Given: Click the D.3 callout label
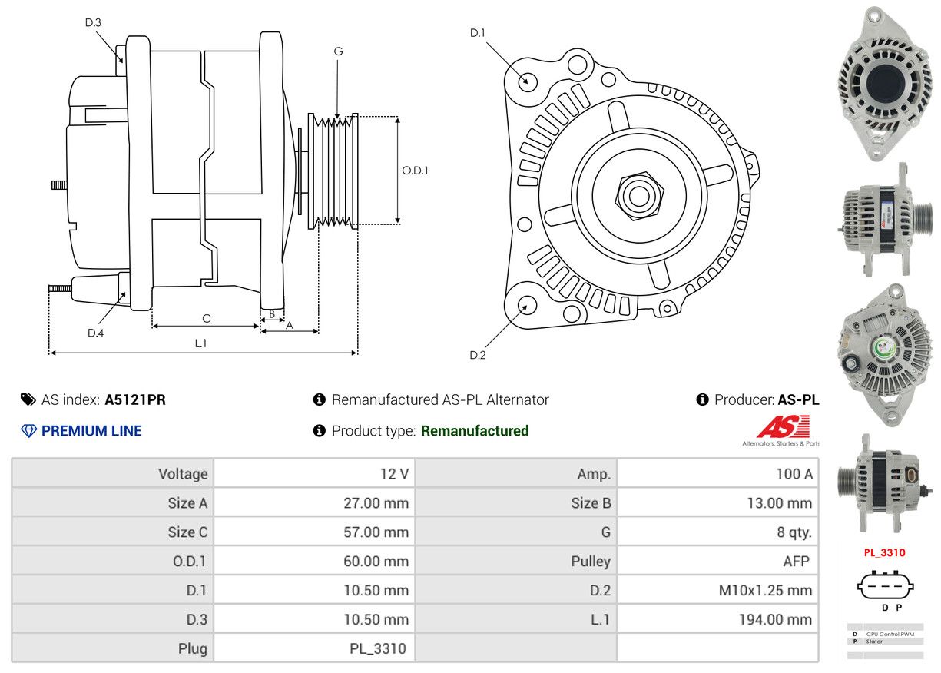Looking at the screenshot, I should [93, 22].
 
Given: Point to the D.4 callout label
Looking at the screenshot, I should [95, 333].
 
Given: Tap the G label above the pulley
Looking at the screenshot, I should [338, 51].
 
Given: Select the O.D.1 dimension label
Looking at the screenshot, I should [416, 171].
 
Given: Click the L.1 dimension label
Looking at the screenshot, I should [200, 343].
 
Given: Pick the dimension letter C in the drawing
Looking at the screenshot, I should [206, 318].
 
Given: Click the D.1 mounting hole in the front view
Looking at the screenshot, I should [527, 80].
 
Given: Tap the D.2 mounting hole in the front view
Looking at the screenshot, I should [526, 305].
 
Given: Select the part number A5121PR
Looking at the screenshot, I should [135, 399].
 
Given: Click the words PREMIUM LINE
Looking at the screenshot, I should [91, 431].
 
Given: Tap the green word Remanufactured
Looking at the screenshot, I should [475, 431].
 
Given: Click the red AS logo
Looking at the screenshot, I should [783, 427].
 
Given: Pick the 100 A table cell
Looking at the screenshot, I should [794, 474].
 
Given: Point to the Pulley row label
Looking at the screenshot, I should [591, 561].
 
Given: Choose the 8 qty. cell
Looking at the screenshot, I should [794, 532].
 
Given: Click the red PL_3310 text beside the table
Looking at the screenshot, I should [884, 552].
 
